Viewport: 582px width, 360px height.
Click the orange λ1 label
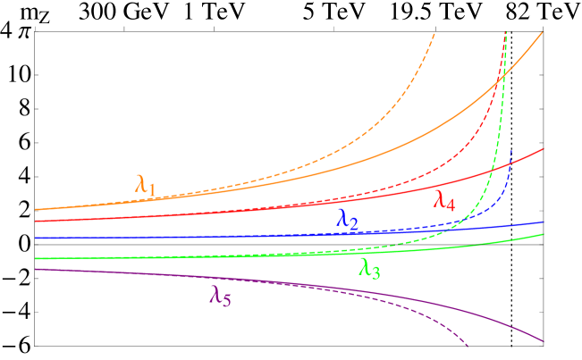pyautogui.click(x=146, y=186)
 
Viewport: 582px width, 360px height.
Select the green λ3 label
pyautogui.click(x=369, y=267)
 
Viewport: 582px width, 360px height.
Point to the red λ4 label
pyautogui.click(x=444, y=200)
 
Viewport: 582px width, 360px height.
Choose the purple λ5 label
pyautogui.click(x=220, y=297)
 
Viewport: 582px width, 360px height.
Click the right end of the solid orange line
pyautogui.click(x=544, y=32)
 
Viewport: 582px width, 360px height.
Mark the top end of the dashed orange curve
pyautogui.click(x=434, y=32)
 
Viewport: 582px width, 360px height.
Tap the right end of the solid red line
pyautogui.click(x=544, y=148)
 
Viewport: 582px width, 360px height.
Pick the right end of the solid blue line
pyautogui.click(x=544, y=222)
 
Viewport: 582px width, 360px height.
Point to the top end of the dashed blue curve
pyautogui.click(x=510, y=150)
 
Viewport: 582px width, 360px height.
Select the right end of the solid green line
pyautogui.click(x=544, y=234)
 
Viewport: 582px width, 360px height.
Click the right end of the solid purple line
pyautogui.click(x=544, y=341)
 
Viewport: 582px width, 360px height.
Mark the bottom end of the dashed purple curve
pyautogui.click(x=468, y=347)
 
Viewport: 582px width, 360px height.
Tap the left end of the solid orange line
pyautogui.click(x=36, y=209)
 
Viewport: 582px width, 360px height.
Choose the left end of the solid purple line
pyautogui.click(x=36, y=269)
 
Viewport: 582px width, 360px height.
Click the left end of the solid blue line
pyautogui.click(x=36, y=239)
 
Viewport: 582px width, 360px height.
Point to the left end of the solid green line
pyautogui.click(x=36, y=258)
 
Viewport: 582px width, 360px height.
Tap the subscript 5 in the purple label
pyautogui.click(x=226, y=301)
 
